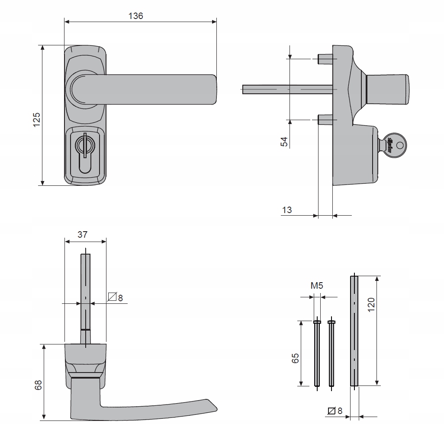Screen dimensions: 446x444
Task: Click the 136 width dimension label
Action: (136, 16)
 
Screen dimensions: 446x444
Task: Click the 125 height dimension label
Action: (37, 119)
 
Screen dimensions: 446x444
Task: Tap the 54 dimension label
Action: (284, 142)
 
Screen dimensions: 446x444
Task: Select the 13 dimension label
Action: (287, 210)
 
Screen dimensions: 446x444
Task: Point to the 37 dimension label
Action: (83, 235)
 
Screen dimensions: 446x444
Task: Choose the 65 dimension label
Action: (296, 358)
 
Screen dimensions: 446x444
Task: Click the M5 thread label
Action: (317, 286)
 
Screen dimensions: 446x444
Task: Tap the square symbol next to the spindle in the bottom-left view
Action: (113, 297)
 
